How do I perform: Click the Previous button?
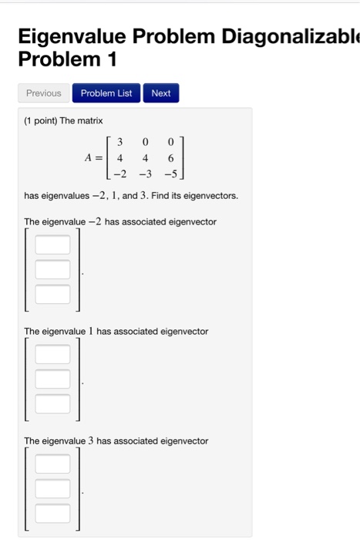point(43,93)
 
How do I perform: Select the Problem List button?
point(106,93)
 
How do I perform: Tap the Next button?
point(161,93)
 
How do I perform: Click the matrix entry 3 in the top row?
point(121,141)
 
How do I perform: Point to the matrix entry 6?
point(170,157)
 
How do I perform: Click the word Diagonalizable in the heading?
point(291,36)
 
